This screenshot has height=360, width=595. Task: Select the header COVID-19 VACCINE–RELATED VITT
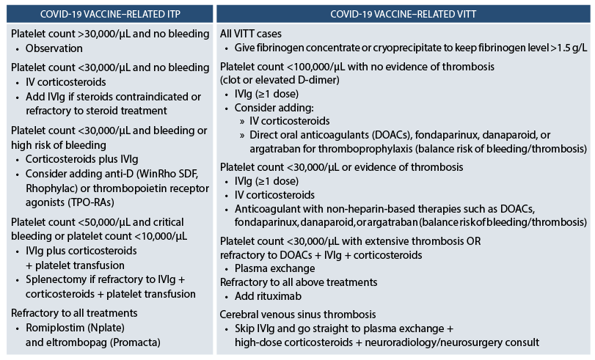[x=405, y=13]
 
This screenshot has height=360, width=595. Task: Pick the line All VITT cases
[x=251, y=34]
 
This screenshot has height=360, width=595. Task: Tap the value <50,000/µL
[x=112, y=221]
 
